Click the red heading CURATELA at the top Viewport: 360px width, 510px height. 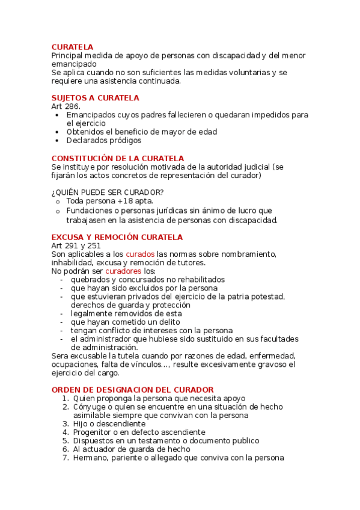click(x=72, y=47)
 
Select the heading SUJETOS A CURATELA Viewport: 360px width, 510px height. click(x=95, y=97)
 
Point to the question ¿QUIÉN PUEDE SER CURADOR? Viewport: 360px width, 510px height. click(x=107, y=192)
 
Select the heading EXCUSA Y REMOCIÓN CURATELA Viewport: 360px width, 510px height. click(x=117, y=237)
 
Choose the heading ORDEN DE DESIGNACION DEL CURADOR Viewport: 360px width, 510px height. click(x=132, y=390)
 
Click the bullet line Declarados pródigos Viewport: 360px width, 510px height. click(x=103, y=140)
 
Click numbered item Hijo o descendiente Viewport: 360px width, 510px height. click(x=109, y=423)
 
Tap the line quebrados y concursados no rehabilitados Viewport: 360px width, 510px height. click(x=147, y=279)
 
